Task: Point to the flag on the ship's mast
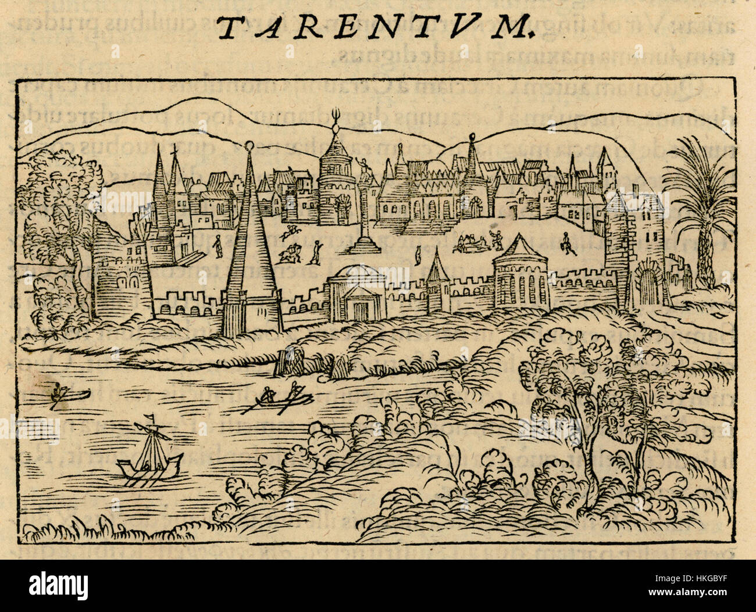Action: (x=152, y=417)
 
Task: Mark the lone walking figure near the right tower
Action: (x=566, y=244)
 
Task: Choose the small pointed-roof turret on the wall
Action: (x=437, y=288)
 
